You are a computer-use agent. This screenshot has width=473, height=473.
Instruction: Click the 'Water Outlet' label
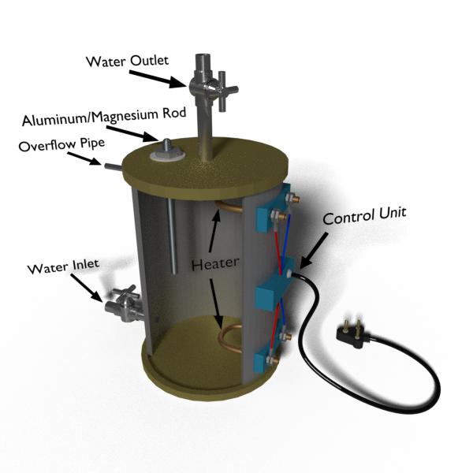tap(127, 61)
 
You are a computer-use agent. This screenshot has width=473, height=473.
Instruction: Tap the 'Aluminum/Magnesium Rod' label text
tap(104, 117)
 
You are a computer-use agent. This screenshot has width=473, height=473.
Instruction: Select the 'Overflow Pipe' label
tap(61, 144)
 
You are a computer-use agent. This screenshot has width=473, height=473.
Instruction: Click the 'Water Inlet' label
tap(63, 266)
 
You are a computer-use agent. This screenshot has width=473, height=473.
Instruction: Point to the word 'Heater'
tap(215, 263)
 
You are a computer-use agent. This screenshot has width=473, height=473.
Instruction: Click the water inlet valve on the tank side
tap(125, 304)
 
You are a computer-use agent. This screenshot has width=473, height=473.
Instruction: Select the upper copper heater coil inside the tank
tap(229, 206)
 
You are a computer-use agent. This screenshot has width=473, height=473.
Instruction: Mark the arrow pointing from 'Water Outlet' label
tap(158, 79)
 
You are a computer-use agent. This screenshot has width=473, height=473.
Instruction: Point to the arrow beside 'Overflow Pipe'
tap(84, 158)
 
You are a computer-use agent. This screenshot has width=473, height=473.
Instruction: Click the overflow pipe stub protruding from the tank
tap(114, 167)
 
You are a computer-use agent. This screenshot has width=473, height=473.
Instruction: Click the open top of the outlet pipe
tap(204, 57)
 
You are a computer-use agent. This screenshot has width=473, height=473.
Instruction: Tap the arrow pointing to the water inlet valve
tap(88, 288)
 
